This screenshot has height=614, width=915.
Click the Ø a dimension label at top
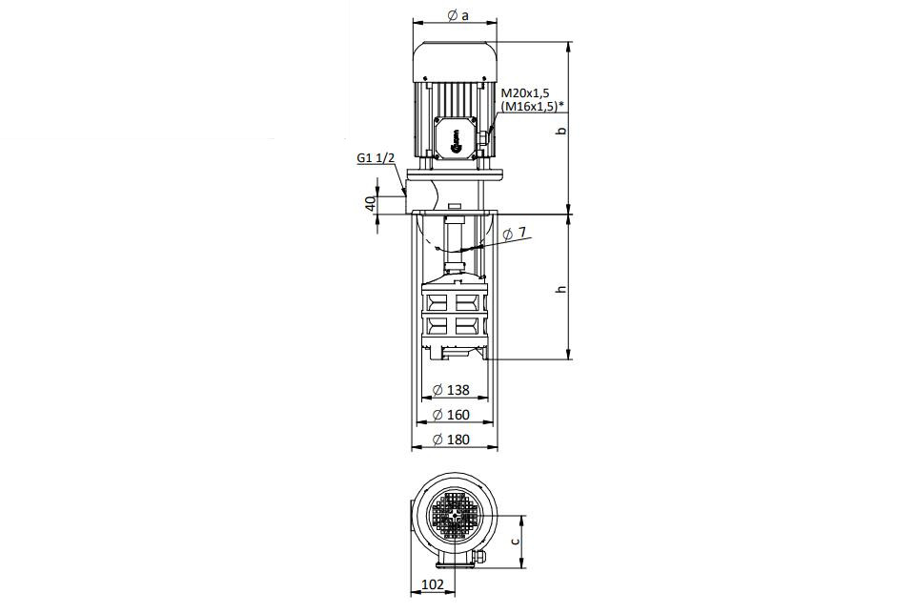458,16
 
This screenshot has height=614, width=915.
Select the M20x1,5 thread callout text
525,93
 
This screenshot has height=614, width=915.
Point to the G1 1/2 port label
376,158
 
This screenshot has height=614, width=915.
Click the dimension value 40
370,203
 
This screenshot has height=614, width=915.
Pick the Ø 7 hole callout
514,233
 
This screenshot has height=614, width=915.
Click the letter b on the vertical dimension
562,131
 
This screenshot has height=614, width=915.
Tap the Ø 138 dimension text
451,389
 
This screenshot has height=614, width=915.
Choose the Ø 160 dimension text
451,415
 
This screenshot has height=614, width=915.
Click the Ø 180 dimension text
451,440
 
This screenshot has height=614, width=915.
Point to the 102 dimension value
433,584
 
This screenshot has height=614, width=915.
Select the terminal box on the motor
456,136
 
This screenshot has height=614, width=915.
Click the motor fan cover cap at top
456,61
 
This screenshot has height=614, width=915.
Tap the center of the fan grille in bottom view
456,516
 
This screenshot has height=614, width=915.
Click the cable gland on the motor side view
484,139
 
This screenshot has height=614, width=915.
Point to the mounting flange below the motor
456,174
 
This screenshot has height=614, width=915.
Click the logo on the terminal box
456,141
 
